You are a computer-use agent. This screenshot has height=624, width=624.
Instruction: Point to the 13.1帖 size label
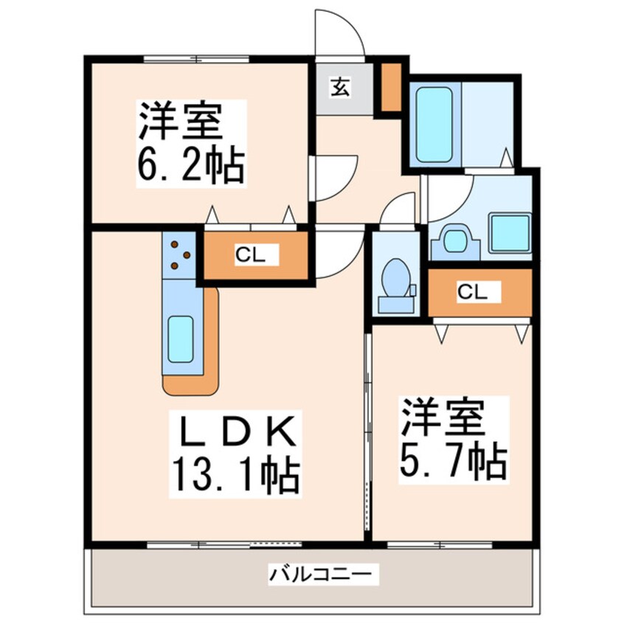click(x=235, y=477)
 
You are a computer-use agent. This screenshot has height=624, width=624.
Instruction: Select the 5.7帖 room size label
click(x=453, y=462)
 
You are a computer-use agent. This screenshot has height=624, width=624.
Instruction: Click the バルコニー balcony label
click(x=323, y=573)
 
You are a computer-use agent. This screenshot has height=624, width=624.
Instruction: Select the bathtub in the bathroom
click(x=434, y=125)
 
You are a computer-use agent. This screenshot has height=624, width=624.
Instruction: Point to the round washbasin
click(x=453, y=240)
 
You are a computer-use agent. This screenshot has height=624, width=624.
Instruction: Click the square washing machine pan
click(x=509, y=235)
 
